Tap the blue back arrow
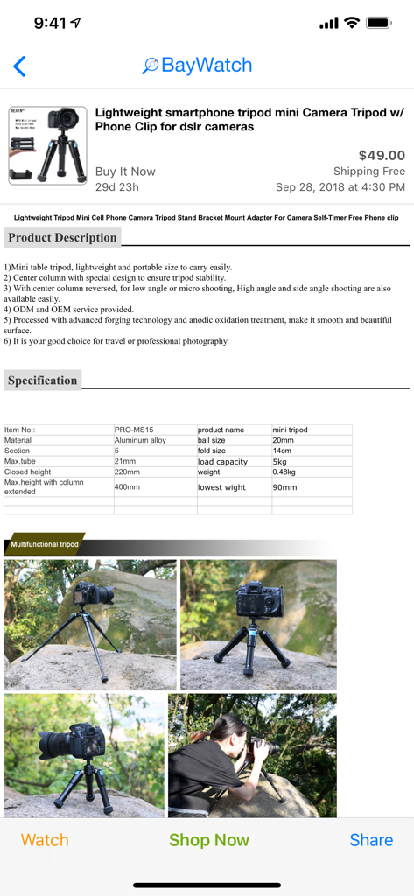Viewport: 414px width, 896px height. [19, 66]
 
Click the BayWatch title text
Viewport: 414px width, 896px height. [207, 66]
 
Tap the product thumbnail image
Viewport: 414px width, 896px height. [47, 145]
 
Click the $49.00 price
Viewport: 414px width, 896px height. [382, 155]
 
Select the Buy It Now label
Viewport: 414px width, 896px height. [125, 171]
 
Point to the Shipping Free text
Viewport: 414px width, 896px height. [368, 171]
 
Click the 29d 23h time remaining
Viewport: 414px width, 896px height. [116, 186]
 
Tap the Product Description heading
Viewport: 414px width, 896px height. [62, 237]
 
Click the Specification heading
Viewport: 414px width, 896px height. [43, 381]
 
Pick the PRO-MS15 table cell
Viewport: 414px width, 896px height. [134, 430]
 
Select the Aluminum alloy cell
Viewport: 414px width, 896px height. [140, 440]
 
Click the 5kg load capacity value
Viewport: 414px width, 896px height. [280, 462]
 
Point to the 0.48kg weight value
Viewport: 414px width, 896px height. [284, 472]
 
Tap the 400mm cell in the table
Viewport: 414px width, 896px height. [127, 486]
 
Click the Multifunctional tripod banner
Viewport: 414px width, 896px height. [45, 544]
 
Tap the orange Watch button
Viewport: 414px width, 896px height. [45, 840]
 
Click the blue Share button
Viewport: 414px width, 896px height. [371, 840]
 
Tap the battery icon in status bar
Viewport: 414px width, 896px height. [379, 23]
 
